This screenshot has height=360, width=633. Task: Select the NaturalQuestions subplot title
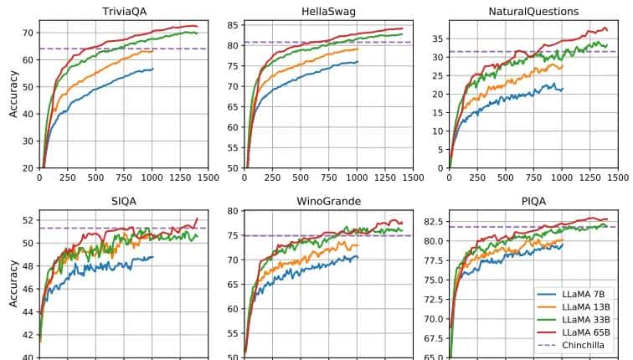(x=533, y=11)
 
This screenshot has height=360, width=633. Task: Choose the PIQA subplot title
(x=533, y=201)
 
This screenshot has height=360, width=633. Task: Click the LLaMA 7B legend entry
(x=582, y=293)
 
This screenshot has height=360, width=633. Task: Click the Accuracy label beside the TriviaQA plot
(x=13, y=94)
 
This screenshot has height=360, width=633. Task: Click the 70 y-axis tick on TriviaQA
(x=28, y=33)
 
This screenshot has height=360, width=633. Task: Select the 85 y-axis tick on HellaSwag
(x=233, y=24)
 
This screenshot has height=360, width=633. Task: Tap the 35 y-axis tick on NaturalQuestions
(x=438, y=39)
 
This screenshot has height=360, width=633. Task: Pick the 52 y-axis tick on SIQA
(x=28, y=220)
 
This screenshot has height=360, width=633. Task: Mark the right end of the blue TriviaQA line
(x=153, y=69)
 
